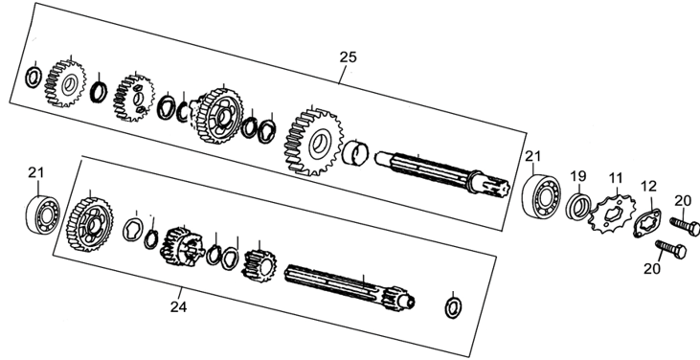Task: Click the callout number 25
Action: tap(349, 57)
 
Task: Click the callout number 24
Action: tap(178, 307)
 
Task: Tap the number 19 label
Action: tap(578, 176)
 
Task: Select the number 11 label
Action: tap(615, 178)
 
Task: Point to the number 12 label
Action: tap(649, 186)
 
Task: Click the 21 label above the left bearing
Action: tap(36, 172)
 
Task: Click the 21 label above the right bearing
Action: tap(532, 156)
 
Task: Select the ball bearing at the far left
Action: tap(42, 215)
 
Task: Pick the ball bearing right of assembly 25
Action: tap(541, 196)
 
